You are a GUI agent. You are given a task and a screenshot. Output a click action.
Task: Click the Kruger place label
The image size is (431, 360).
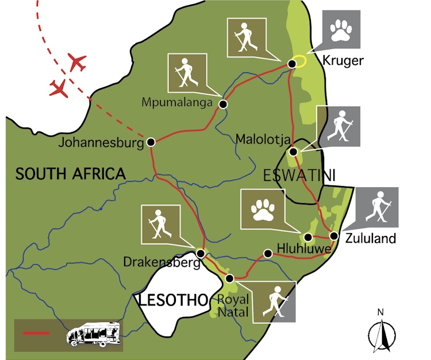click(x=343, y=61)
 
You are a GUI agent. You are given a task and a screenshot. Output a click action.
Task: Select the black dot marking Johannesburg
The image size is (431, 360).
click(x=151, y=142)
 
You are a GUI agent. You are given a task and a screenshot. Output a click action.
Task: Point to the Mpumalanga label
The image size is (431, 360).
click(x=178, y=102)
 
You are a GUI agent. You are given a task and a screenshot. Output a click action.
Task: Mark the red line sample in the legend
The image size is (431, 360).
click(x=36, y=333)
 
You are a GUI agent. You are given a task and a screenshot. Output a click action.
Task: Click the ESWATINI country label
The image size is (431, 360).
click(x=299, y=175)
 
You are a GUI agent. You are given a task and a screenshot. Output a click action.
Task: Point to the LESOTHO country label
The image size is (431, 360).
click(x=171, y=299)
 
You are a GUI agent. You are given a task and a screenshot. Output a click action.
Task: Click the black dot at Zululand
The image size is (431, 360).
click(x=334, y=235)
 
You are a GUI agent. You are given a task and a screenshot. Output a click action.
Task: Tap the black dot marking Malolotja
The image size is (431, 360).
click(x=293, y=152)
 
